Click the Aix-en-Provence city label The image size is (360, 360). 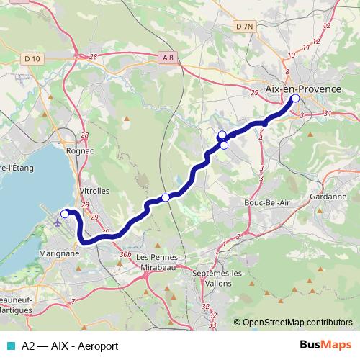tap(303, 88)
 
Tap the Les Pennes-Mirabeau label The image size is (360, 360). tap(163, 261)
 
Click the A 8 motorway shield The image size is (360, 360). tap(168, 57)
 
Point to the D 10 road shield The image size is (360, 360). tap(32, 58)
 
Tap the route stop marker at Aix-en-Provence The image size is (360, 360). tap(294, 99)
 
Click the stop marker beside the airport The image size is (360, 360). tap(64, 213)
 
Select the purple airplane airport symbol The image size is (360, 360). tap(58, 221)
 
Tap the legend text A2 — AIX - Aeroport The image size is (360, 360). tap(70, 345)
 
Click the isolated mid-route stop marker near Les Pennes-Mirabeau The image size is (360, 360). tap(166, 197)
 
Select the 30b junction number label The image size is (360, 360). tap(125, 255)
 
